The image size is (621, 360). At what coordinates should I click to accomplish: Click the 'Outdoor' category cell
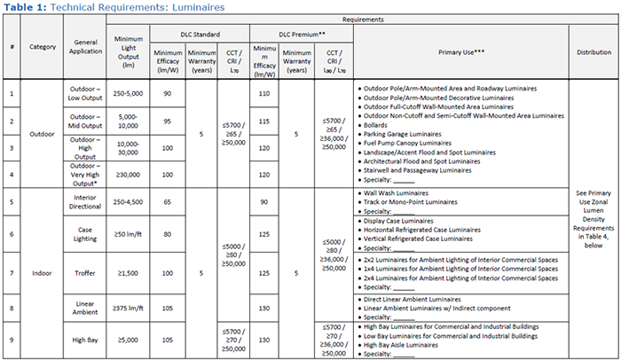pos(43,136)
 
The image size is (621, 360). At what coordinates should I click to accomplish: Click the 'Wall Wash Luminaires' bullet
pos(399,192)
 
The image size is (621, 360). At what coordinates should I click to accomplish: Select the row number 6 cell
pos(12,233)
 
